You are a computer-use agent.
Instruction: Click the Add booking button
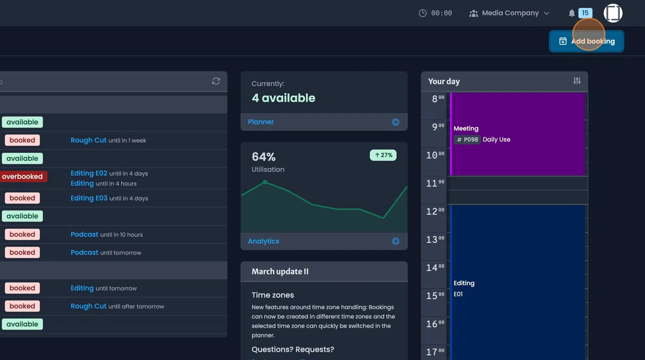pos(586,41)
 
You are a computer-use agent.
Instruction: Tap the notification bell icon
pos(571,13)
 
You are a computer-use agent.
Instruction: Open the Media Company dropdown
pos(509,13)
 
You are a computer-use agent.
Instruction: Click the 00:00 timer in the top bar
pos(435,13)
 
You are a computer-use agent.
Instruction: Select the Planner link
pos(261,122)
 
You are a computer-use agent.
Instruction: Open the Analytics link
pos(263,241)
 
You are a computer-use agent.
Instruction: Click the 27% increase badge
pos(383,155)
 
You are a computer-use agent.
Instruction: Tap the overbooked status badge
pos(22,177)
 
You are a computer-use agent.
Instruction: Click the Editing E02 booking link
pos(89,173)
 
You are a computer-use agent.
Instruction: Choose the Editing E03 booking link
pos(89,198)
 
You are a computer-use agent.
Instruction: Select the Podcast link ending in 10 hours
pos(84,234)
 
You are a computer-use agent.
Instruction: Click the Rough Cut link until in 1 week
pos(89,140)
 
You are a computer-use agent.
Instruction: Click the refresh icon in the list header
pos(216,81)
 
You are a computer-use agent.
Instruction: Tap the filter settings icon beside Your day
pos(577,81)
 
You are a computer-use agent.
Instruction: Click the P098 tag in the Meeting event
pos(467,140)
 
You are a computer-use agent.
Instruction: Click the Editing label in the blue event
pos(464,283)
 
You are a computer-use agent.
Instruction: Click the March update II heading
pos(280,271)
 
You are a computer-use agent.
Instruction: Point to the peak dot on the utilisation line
pos(265,182)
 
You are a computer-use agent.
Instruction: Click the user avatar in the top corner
pos(613,13)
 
